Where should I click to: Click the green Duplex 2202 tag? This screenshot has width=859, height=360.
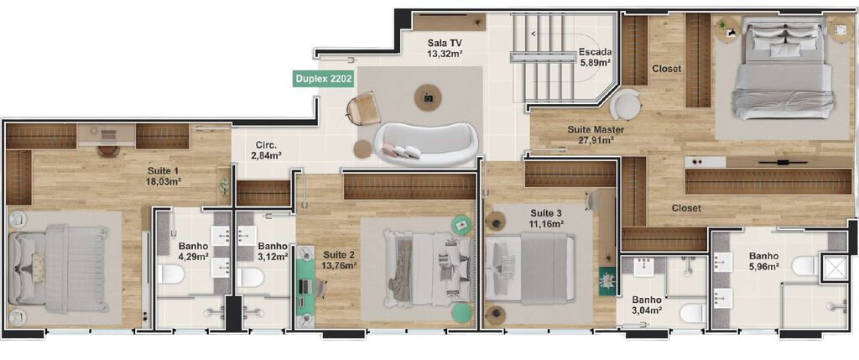pos(323,80)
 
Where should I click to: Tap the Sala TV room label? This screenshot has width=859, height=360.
pos(445,47)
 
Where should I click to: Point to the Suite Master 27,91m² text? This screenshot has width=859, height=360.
pos(579,134)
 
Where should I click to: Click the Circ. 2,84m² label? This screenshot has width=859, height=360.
pos(268,149)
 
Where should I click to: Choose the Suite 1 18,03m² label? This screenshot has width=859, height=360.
pos(164,175)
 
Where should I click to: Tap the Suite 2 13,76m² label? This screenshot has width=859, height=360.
pos(339,259)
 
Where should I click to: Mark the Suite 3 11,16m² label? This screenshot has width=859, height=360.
pos(546,218)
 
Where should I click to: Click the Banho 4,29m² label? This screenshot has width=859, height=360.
pos(193,252)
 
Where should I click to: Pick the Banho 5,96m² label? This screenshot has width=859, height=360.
pos(764,261)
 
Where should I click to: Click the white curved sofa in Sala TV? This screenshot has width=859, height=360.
pos(426,146)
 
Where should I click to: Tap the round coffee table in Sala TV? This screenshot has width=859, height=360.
pos(428,98)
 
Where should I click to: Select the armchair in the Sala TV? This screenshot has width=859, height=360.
pos(365,110)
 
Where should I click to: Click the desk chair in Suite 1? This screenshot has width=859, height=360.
pos(107,150)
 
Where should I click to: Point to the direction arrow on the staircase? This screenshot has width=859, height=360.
pos(534,34)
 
